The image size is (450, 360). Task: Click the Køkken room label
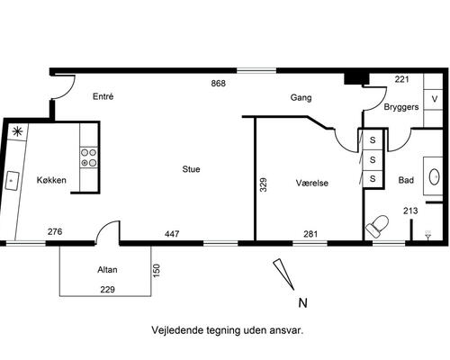click(51, 180)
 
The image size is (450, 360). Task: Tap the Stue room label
click(191, 169)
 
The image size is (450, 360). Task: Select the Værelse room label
click(312, 183)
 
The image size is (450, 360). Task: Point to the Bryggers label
click(401, 107)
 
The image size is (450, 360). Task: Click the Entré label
click(103, 96)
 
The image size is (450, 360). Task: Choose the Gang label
click(301, 98)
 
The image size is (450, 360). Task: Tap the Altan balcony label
click(107, 270)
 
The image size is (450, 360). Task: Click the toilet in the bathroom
click(377, 226)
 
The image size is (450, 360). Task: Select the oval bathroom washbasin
click(434, 176)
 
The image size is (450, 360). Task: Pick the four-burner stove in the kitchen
click(89, 157)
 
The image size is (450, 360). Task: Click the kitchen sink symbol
click(12, 181)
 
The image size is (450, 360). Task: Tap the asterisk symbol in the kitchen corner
click(17, 131)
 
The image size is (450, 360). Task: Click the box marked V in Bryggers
click(434, 99)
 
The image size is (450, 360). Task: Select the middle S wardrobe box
click(373, 159)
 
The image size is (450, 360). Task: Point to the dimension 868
click(218, 84)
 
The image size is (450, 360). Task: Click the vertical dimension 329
click(263, 184)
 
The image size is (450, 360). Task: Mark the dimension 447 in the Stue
click(172, 234)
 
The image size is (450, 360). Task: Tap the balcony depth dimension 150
click(157, 271)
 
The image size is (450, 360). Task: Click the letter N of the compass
click(303, 302)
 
